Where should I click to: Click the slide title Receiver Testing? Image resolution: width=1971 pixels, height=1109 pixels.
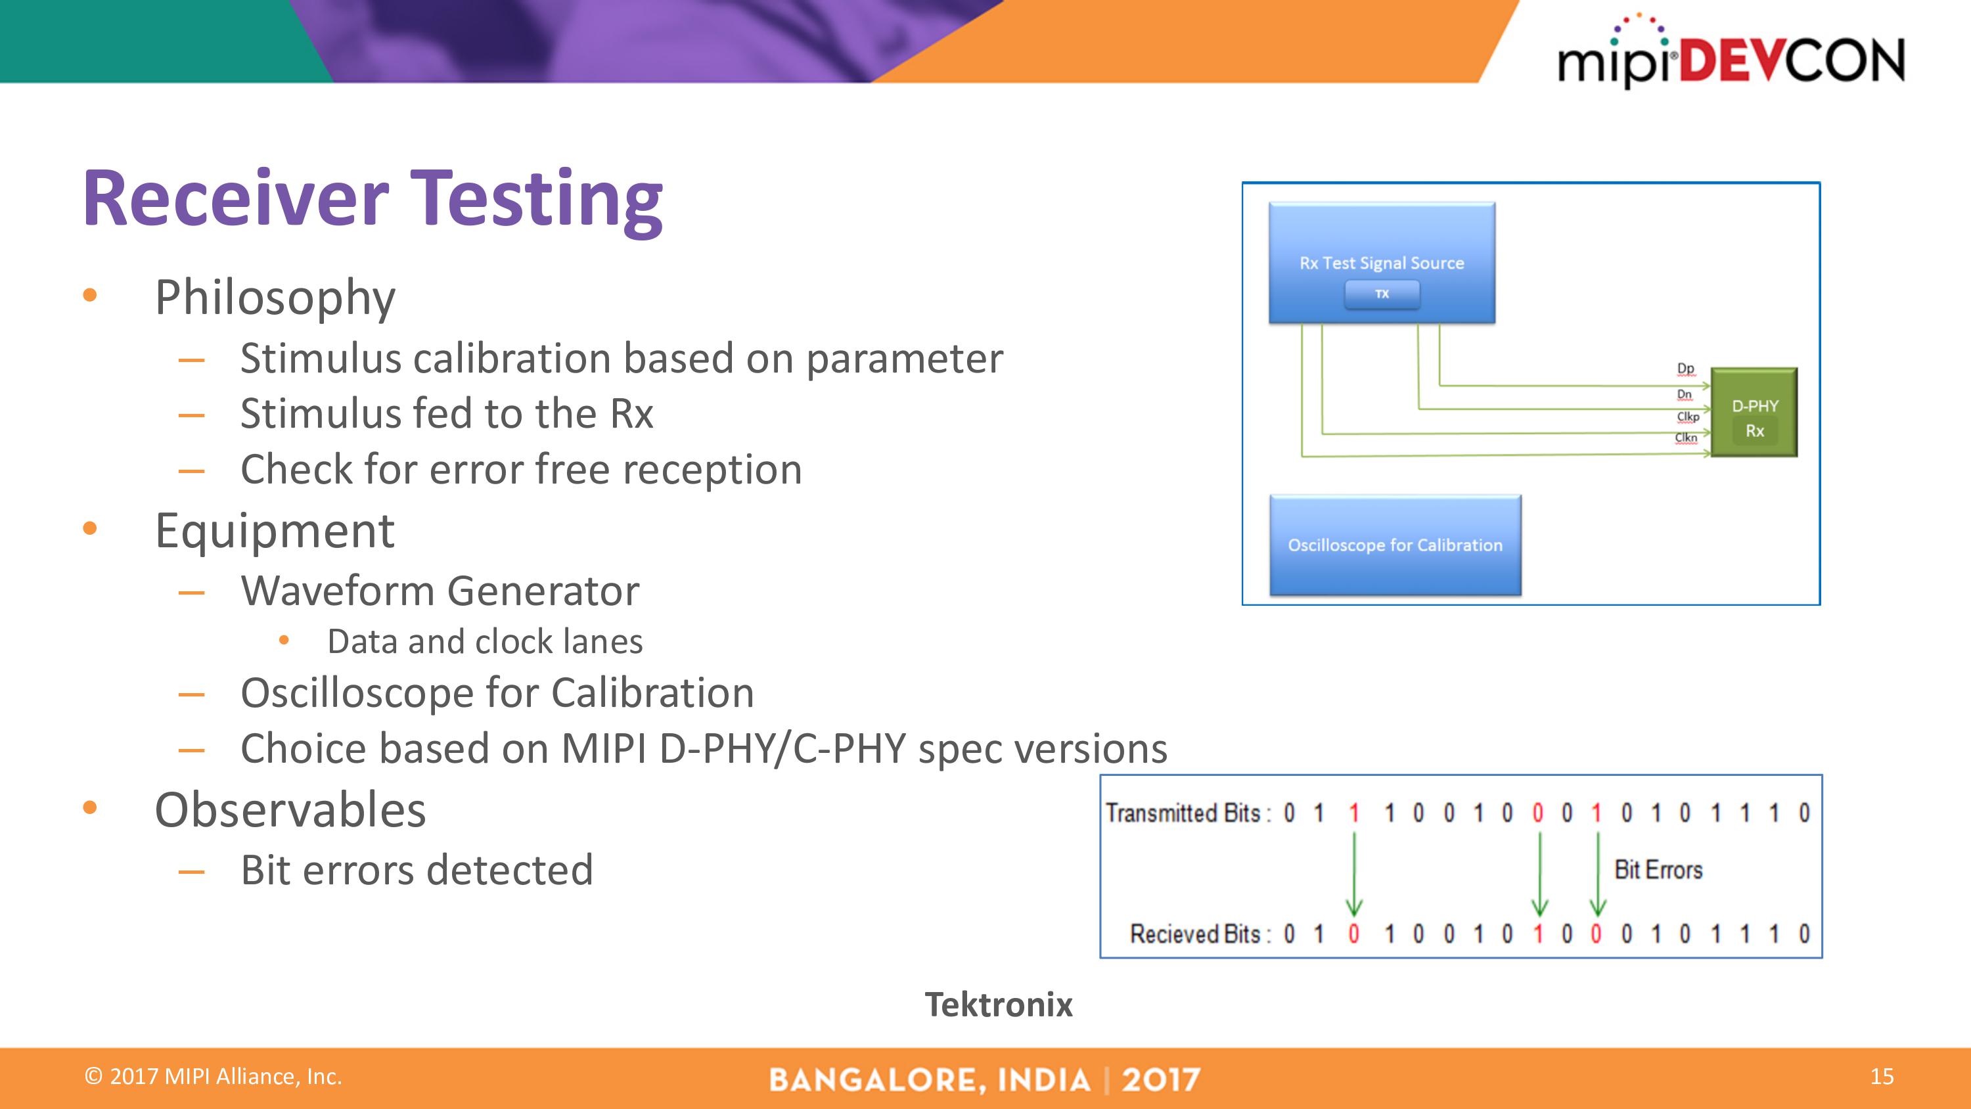[x=373, y=199]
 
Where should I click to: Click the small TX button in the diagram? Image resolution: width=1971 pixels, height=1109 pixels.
[x=1382, y=294]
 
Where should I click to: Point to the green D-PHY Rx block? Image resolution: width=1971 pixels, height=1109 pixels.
[x=1754, y=413]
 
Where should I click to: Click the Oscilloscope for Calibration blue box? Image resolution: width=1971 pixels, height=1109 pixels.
[x=1395, y=545]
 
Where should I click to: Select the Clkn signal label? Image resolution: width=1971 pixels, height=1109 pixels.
[x=1686, y=438]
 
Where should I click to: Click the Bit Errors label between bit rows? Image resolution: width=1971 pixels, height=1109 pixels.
[x=1658, y=871]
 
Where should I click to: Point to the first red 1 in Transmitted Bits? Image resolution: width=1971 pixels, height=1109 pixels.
[x=1353, y=813]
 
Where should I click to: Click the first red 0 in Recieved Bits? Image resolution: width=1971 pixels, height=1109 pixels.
[x=1353, y=934]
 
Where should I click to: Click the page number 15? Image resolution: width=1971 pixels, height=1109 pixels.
[x=1882, y=1077]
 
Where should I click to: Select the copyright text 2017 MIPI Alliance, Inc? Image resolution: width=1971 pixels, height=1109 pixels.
[x=214, y=1077]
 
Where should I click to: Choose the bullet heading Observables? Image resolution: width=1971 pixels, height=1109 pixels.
[x=290, y=810]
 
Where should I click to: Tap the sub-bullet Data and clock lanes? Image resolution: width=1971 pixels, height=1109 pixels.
[x=484, y=641]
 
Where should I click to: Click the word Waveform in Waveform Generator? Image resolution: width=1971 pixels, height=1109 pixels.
[x=338, y=591]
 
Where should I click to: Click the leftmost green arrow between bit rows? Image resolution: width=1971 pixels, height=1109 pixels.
[x=1353, y=872]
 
